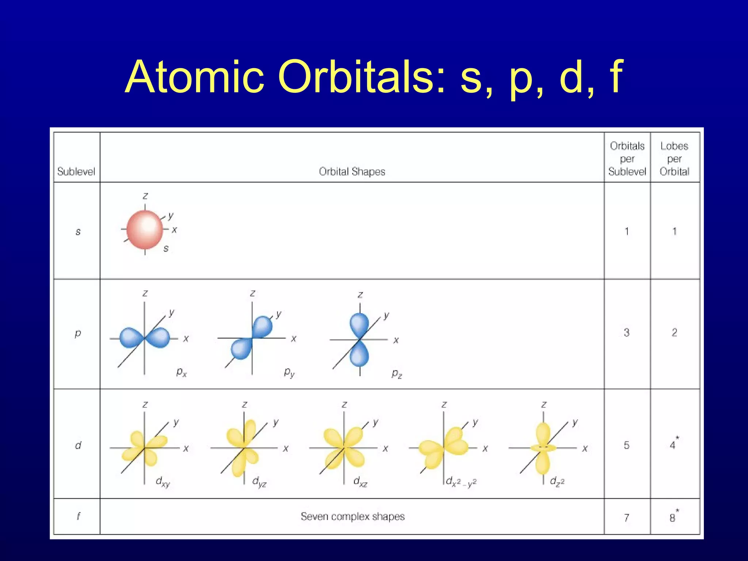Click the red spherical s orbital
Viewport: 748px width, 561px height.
click(145, 229)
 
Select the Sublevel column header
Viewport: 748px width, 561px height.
click(76, 171)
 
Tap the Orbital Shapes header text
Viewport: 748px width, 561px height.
click(352, 171)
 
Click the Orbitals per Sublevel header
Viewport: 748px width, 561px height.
click(627, 159)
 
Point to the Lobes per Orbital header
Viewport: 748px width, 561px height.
click(674, 159)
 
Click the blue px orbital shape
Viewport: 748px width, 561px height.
click(145, 337)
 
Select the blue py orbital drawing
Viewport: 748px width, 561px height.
click(252, 337)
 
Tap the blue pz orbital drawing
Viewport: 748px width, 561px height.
click(359, 340)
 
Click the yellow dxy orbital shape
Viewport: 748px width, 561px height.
click(145, 448)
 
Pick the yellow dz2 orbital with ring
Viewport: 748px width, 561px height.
click(543, 448)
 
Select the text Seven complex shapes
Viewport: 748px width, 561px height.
click(352, 516)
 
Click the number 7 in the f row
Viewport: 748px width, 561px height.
click(627, 518)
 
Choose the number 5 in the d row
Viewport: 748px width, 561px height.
click(627, 445)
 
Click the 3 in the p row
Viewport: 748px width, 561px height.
click(627, 332)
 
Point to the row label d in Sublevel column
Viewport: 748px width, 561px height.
click(78, 445)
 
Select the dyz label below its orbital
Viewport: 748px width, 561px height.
click(259, 482)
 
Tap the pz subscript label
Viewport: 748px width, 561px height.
click(397, 374)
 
